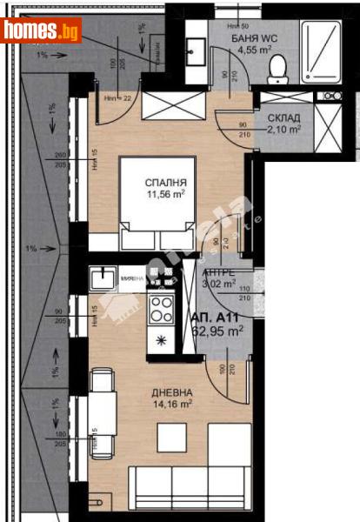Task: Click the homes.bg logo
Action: point(42,30)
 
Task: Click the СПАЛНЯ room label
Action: point(165,183)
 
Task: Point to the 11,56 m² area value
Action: point(165,196)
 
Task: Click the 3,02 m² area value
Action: point(218,283)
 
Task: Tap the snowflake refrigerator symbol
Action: point(160,338)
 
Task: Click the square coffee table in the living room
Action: point(171,437)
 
